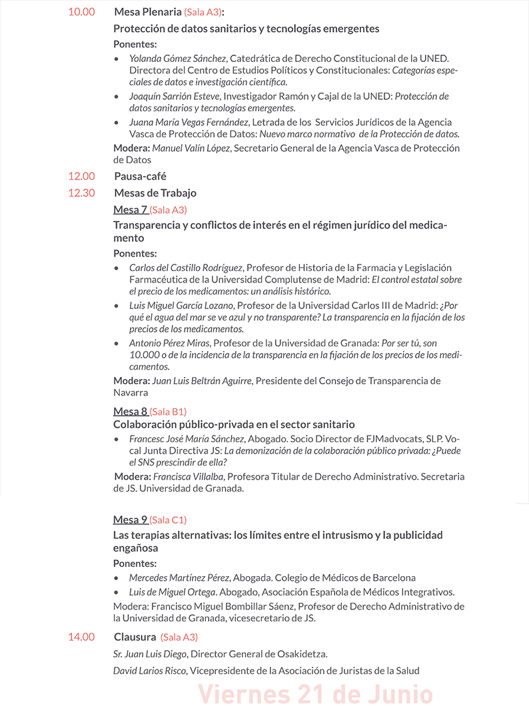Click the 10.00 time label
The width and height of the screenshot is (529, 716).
[x=81, y=12]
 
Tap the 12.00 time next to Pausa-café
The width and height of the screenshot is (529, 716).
[x=81, y=177]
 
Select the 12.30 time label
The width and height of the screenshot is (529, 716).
[x=81, y=193]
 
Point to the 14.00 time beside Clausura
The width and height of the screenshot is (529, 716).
[x=81, y=637]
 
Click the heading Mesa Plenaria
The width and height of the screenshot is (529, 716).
[x=148, y=12]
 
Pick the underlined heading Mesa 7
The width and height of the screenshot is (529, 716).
[x=131, y=210]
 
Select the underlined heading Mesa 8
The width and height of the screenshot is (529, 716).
[x=131, y=411]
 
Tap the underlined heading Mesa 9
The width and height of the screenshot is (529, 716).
[x=131, y=520]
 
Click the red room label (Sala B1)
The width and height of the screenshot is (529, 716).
[x=168, y=412]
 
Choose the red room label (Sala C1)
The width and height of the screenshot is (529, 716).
[x=168, y=520]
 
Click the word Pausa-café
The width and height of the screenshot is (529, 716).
[x=141, y=177]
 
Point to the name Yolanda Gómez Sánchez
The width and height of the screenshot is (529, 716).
[x=178, y=58]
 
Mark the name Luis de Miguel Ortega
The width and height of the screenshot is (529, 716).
[x=172, y=591]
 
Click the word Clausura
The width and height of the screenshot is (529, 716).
[x=135, y=637]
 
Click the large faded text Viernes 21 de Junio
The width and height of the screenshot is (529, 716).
[x=315, y=695]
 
